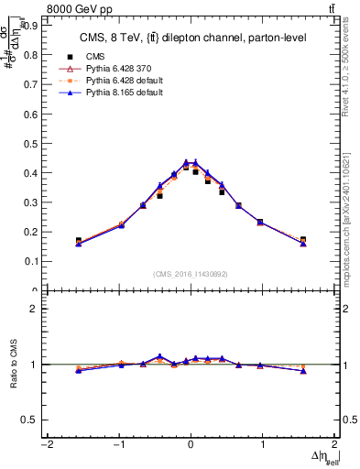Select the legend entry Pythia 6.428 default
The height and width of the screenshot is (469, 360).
click(x=117, y=81)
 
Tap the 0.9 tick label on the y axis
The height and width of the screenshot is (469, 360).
click(x=29, y=26)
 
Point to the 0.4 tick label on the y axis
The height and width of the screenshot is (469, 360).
click(x=29, y=172)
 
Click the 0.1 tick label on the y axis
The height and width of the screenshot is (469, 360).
click(x=29, y=261)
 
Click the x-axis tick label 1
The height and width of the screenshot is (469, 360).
click(x=263, y=445)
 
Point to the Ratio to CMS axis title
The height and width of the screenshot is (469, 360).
click(x=12, y=365)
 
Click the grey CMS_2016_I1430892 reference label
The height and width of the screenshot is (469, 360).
click(x=191, y=274)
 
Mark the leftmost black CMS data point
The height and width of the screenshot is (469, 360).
click(x=79, y=241)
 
